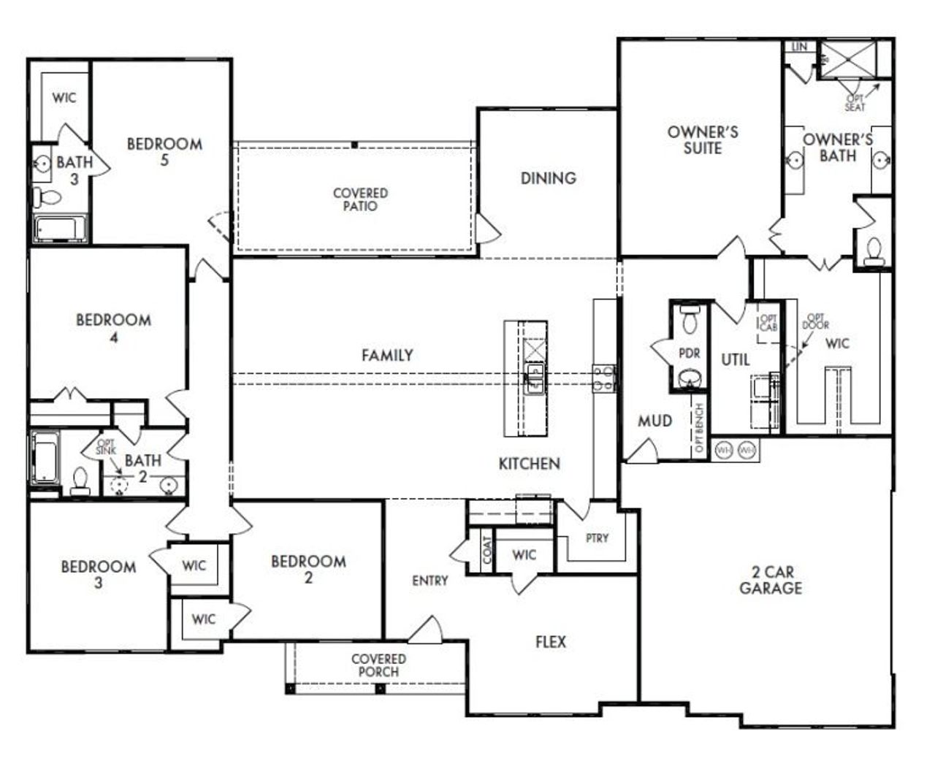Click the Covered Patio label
coord(360,199)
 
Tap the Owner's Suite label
coord(703,140)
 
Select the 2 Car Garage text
coord(770,581)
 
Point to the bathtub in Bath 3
coord(60,229)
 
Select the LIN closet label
coord(799,47)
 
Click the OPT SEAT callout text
coord(855,103)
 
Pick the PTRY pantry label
coord(597,538)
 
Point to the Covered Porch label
coord(378,665)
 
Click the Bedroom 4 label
coord(113,328)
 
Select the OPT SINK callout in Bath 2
coord(106,448)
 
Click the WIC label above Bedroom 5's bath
coord(64,98)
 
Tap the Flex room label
coord(551,642)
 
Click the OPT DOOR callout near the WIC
coord(815,321)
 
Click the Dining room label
coord(548,178)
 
